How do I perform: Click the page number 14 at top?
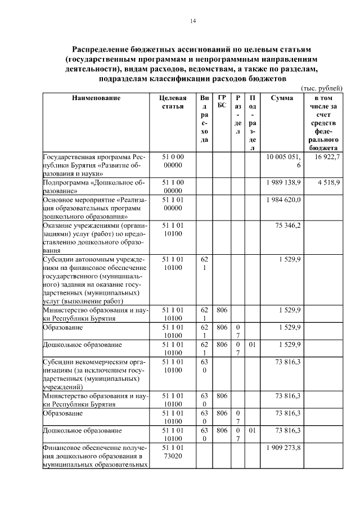(x=192, y=21)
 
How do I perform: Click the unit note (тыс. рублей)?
(x=321, y=89)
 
